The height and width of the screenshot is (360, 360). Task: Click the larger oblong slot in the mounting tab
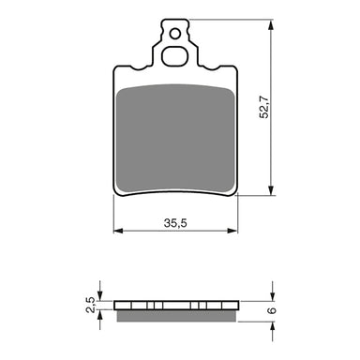pos(175,55)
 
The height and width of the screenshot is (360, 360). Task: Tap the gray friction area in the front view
pos(174,136)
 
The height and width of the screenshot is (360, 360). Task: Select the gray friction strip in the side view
pos(174,314)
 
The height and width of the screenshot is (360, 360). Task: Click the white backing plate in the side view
pos(174,305)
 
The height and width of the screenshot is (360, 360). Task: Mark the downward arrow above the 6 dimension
pos(272,292)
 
